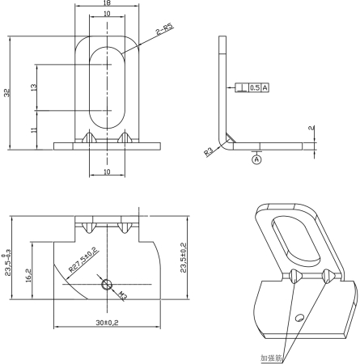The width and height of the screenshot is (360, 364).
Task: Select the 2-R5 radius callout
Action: point(164,29)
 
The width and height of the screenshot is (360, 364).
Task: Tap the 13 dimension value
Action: point(32,87)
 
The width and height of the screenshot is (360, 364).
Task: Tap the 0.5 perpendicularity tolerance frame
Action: point(254,87)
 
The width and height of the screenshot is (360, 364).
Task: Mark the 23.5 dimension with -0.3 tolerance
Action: point(9,260)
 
